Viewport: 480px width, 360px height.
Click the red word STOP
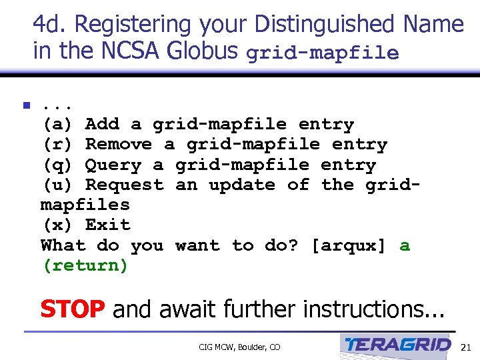tap(72, 309)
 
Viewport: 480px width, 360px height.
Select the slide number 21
tap(465, 347)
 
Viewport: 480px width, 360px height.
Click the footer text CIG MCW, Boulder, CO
tap(239, 347)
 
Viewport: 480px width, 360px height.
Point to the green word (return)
tap(85, 265)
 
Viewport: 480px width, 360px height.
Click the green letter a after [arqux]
tap(405, 245)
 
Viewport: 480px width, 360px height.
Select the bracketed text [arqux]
tap(349, 245)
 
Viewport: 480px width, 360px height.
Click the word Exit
tap(108, 225)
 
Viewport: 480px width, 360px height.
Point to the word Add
tap(102, 124)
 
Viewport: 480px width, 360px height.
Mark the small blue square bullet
tap(27, 105)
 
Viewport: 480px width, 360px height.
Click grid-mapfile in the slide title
tap(323, 53)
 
